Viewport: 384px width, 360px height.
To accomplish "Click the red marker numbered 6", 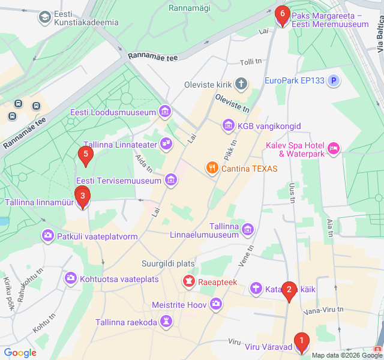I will point(282,14).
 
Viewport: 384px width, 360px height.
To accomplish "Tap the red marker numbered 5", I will point(86,156).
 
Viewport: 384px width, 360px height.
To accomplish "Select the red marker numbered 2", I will point(289,291).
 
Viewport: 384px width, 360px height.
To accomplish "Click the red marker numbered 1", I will point(301,342).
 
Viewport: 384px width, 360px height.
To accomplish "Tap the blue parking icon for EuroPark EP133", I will point(334,80).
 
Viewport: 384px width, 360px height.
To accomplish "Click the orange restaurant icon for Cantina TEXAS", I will point(211,169).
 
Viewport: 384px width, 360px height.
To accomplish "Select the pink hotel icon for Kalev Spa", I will point(334,148).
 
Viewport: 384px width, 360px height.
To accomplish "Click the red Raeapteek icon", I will point(189,281).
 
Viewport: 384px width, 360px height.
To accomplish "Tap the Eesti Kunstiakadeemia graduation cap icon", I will point(44,17).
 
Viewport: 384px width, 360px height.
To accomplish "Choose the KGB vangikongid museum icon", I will point(227,125).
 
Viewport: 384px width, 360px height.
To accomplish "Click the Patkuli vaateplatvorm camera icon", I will point(47,236).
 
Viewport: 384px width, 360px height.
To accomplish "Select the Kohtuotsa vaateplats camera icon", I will point(71,278).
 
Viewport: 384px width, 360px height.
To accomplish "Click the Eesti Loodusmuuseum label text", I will point(112,112).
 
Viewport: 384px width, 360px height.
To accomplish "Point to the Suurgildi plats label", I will point(168,263).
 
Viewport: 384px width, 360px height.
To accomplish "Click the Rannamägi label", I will point(189,8).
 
